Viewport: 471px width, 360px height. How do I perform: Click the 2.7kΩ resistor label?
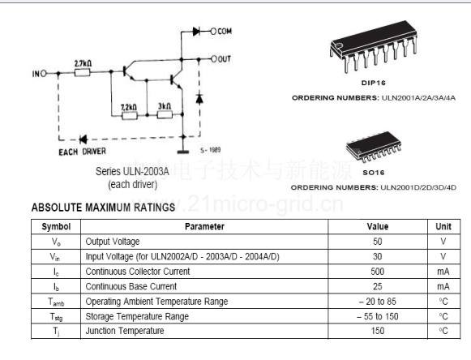[83, 63]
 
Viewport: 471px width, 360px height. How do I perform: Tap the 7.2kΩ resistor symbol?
[130, 115]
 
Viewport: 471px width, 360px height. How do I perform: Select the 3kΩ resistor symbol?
[165, 114]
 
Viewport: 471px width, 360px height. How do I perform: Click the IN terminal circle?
[43, 73]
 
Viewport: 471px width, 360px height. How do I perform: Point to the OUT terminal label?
[224, 59]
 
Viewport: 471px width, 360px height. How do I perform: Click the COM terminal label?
[225, 31]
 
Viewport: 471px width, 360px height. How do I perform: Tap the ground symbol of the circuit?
[183, 152]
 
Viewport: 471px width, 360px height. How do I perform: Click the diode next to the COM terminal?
[196, 31]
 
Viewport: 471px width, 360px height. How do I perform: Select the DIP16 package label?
[374, 83]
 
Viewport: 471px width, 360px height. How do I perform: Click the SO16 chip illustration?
[374, 148]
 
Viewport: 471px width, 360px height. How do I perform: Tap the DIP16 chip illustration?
[374, 46]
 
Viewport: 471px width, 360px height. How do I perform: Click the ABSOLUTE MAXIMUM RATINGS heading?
[103, 208]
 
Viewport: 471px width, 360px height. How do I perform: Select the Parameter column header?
[204, 226]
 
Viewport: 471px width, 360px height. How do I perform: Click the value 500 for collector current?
[377, 272]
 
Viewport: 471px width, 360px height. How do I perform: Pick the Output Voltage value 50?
[378, 242]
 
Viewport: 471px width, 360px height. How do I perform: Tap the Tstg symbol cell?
[56, 317]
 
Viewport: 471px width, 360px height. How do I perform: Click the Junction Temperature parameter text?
[125, 331]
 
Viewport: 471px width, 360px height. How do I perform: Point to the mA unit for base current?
[443, 286]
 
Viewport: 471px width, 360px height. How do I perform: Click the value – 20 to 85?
[378, 302]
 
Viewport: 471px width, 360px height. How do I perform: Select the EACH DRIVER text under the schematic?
[83, 152]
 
